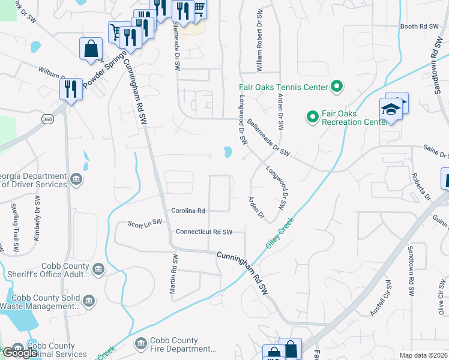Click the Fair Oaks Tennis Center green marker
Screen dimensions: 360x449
(337, 87)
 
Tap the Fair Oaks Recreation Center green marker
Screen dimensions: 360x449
(312, 117)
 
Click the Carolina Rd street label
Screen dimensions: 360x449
(188, 211)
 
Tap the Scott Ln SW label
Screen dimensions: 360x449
(145, 223)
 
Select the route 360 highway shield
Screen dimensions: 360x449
(48, 120)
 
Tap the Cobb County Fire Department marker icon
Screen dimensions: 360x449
(141, 344)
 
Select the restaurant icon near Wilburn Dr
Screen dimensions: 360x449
(71, 89)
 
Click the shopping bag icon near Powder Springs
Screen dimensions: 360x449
(91, 49)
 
